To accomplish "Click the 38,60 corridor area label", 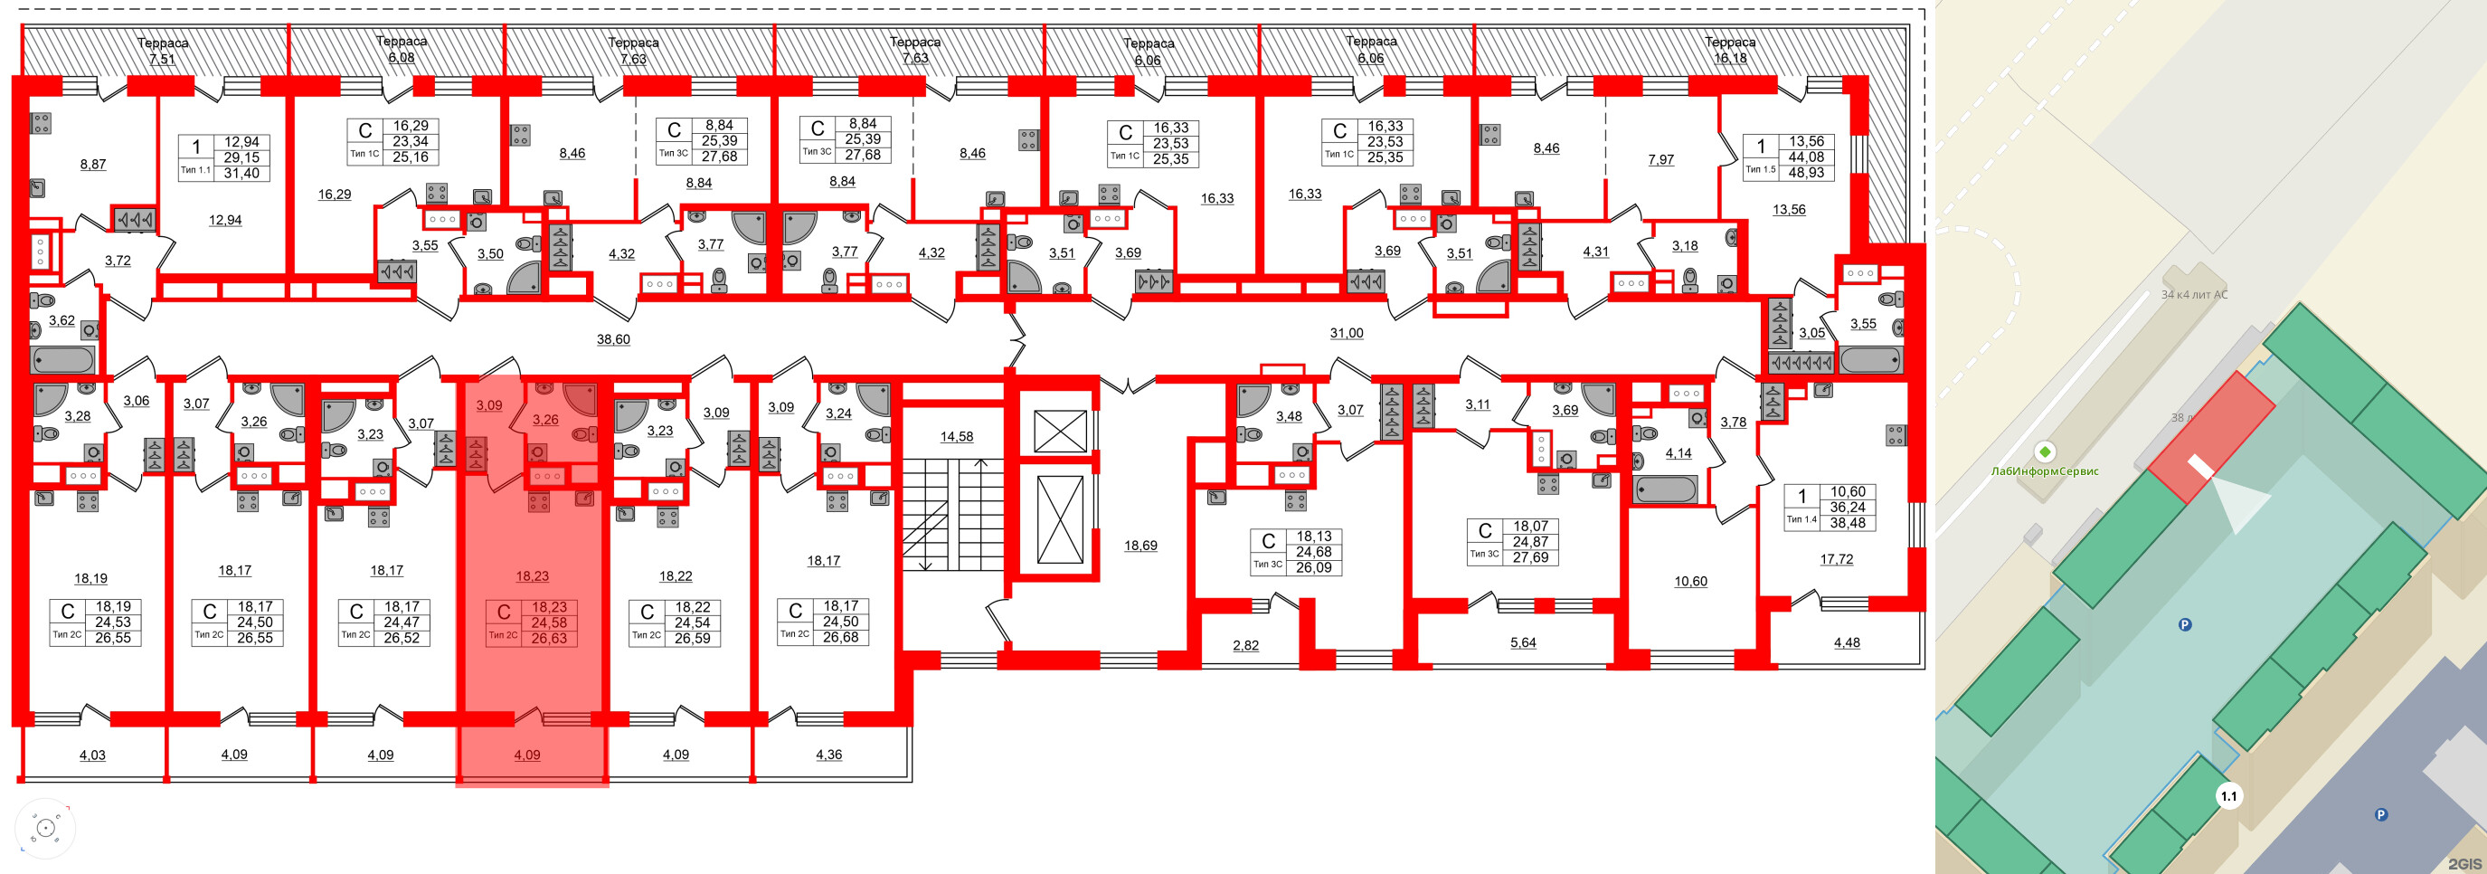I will (x=613, y=339).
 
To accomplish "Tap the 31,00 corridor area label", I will (x=1346, y=333).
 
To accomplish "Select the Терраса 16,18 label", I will (x=1729, y=49).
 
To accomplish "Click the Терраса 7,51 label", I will (x=162, y=51).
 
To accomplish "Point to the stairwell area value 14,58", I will (x=956, y=436).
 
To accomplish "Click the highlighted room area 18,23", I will (x=532, y=575).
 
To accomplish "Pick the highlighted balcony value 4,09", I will (x=527, y=755).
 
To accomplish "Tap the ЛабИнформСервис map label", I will (x=2044, y=471).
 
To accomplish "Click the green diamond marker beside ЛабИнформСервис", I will (x=2044, y=451).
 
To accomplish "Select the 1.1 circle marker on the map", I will (x=2228, y=797).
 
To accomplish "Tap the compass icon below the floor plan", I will (x=44, y=829).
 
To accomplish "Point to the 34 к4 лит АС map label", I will (x=2193, y=295).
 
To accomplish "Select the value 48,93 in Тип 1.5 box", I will (x=1805, y=173).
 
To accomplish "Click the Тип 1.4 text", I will (x=1801, y=519).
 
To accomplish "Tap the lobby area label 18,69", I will (x=1140, y=546).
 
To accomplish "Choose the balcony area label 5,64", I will (x=1523, y=642).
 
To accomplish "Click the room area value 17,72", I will (x=1835, y=559).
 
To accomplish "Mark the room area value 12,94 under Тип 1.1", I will (x=225, y=220).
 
